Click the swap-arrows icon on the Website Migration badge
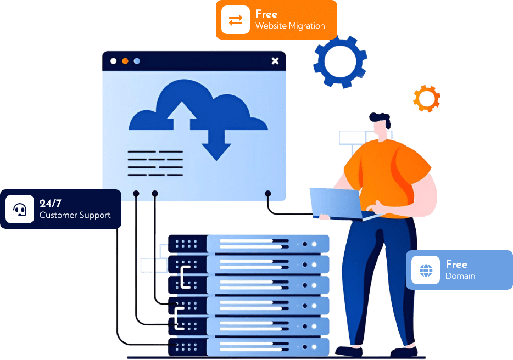[236, 20]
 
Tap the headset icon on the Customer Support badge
[20, 209]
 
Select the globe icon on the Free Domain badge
[426, 270]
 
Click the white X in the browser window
[275, 61]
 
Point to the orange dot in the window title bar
[125, 61]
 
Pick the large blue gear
[340, 61]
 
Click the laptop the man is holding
[335, 203]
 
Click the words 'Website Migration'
[290, 26]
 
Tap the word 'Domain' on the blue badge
[460, 276]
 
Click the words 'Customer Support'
[75, 215]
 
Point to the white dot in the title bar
[114, 61]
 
